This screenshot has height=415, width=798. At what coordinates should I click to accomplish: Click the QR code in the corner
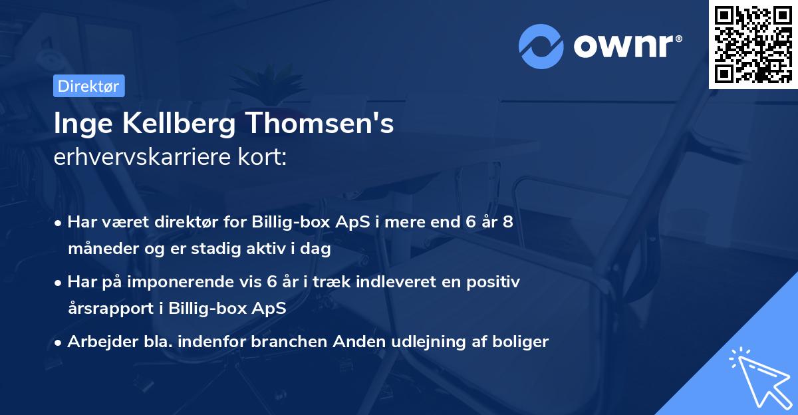[753, 44]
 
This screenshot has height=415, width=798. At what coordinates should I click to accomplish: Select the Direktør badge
[88, 86]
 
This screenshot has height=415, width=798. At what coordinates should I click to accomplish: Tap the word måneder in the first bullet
[100, 250]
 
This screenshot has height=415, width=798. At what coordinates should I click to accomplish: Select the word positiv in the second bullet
[495, 282]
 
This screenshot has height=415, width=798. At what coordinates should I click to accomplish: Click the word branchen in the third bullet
[290, 342]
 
